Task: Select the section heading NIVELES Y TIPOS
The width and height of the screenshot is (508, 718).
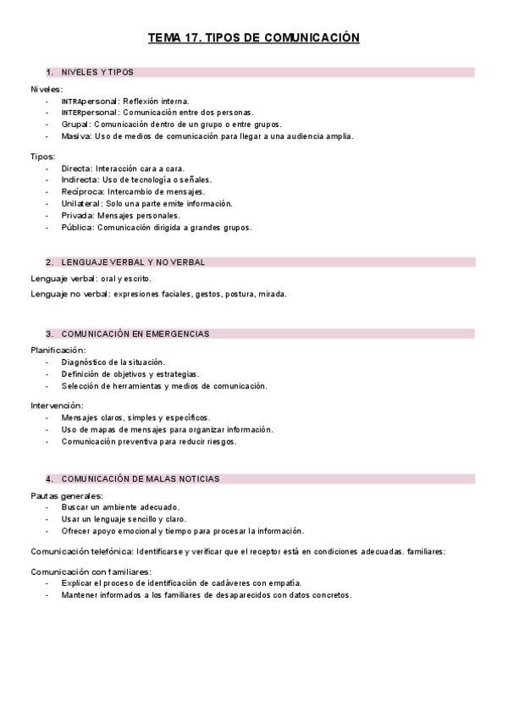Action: tap(97, 73)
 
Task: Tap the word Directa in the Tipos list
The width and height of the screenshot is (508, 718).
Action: tap(77, 168)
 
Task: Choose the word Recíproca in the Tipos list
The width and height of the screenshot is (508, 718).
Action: tap(82, 191)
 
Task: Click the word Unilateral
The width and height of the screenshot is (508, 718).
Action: tap(82, 203)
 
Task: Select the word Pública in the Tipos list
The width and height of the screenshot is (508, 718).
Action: tap(77, 227)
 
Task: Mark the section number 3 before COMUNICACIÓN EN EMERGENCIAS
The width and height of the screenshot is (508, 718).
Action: tap(49, 334)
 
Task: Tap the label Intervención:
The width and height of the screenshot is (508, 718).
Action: tap(57, 406)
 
